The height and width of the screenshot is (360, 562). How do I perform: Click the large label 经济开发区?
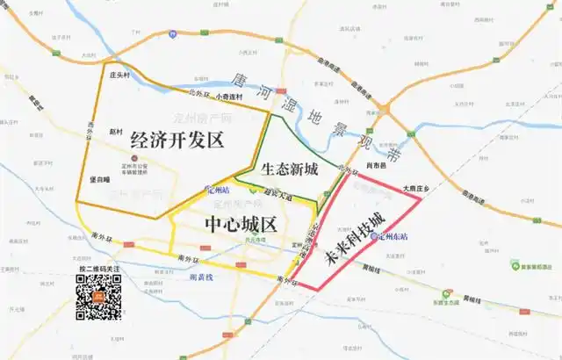(177, 139)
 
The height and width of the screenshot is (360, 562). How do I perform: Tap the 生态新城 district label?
(289, 169)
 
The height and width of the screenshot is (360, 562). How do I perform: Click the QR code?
(97, 297)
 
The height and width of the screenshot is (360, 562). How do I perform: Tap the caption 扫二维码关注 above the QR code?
(97, 269)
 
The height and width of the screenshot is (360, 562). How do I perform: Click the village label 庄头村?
(119, 75)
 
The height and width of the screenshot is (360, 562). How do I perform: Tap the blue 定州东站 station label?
(390, 236)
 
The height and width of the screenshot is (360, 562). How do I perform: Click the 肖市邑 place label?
(375, 164)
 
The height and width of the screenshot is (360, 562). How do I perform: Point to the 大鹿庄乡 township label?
(414, 188)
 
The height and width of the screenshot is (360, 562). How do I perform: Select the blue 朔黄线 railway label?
(202, 276)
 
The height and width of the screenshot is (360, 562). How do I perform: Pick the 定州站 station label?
(217, 189)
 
